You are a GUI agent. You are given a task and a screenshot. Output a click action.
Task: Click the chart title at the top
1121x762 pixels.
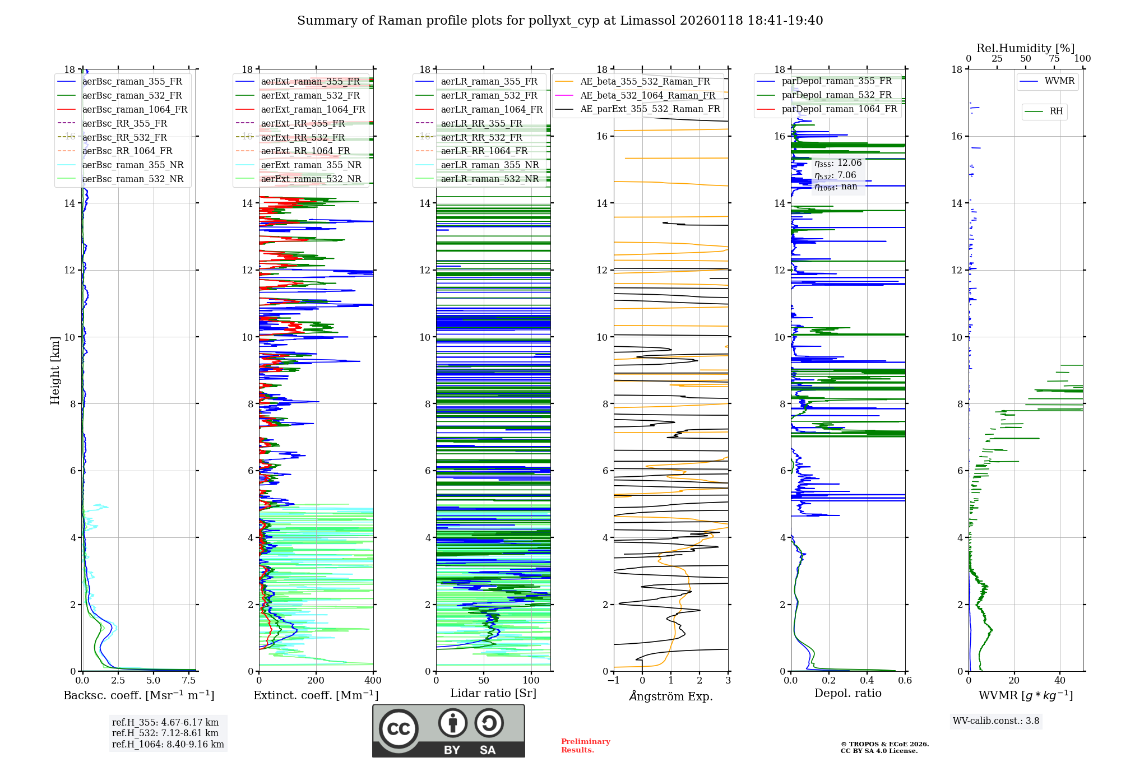(560, 21)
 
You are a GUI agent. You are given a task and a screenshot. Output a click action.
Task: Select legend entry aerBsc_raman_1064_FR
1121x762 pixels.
(135, 109)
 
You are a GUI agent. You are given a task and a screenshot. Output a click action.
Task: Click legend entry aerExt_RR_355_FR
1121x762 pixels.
(303, 123)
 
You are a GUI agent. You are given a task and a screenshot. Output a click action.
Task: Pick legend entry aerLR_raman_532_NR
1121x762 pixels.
(489, 179)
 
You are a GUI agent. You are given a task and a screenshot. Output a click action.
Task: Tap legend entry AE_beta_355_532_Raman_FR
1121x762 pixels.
(645, 82)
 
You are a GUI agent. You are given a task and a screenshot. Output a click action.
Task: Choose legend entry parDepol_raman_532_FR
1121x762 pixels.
(836, 95)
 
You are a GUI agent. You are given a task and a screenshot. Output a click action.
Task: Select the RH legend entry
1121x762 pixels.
(1056, 111)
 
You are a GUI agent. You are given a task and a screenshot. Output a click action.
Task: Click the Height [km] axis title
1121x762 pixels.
(55, 370)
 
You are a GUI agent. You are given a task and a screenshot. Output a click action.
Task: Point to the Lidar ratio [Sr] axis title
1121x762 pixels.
(493, 693)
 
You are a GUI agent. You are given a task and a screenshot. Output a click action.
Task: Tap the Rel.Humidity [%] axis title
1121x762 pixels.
(1025, 48)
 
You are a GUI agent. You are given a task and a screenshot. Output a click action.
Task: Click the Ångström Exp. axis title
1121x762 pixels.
(671, 696)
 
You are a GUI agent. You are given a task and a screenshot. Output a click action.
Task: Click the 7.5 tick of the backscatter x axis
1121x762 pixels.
(189, 681)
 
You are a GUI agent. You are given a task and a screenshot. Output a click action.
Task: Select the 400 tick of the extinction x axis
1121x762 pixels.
(373, 681)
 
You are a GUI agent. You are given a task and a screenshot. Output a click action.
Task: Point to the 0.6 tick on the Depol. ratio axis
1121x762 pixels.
(905, 681)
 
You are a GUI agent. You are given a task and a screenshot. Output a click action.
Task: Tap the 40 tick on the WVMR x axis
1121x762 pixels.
(1060, 681)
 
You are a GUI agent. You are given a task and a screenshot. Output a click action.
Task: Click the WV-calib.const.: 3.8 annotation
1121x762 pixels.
(996, 721)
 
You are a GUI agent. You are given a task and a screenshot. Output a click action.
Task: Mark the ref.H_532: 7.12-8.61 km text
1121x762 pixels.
(165, 733)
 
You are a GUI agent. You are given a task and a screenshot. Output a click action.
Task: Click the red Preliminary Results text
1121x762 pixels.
(585, 746)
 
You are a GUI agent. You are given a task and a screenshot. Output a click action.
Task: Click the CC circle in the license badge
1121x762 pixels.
(399, 729)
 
